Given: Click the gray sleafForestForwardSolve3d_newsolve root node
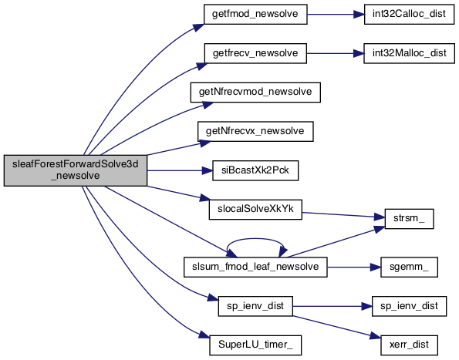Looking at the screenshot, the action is point(76,170).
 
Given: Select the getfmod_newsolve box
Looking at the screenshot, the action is point(255,14).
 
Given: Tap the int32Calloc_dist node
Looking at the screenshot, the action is point(409,14).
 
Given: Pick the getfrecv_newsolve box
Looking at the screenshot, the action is point(255,53).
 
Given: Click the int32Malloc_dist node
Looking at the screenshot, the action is point(409,53).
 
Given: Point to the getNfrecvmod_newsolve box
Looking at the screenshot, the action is point(255,93).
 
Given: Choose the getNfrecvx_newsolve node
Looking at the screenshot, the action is point(255,131).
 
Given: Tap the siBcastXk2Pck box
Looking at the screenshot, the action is point(255,170).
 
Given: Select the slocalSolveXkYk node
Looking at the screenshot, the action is point(255,210).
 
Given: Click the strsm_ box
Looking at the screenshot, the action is point(409,219).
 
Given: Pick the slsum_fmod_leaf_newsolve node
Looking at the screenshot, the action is point(255,267).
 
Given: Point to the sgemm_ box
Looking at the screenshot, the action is point(409,267).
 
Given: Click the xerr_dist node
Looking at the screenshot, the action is point(409,345).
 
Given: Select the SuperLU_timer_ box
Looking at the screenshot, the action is point(255,345).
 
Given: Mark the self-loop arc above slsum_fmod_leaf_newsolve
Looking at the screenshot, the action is point(255,239).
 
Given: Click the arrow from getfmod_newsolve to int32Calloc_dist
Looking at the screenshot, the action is point(336,14).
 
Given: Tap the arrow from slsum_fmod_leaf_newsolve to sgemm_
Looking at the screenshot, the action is point(353,267).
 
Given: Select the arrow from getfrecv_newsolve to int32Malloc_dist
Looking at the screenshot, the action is point(335,53).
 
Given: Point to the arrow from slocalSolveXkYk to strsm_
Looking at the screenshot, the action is point(343,215).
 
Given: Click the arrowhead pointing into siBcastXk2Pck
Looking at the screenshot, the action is point(208,170).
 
